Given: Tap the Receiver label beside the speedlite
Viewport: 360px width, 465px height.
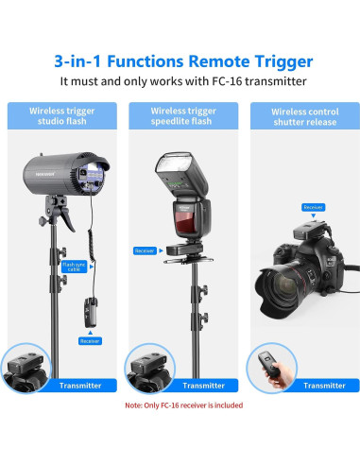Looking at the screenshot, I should click(x=145, y=250).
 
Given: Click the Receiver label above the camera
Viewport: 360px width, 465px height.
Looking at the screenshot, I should click(x=313, y=206).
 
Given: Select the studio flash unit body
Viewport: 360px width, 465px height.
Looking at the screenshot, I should click(x=61, y=180).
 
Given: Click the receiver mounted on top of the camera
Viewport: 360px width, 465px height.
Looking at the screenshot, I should click(x=311, y=229).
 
